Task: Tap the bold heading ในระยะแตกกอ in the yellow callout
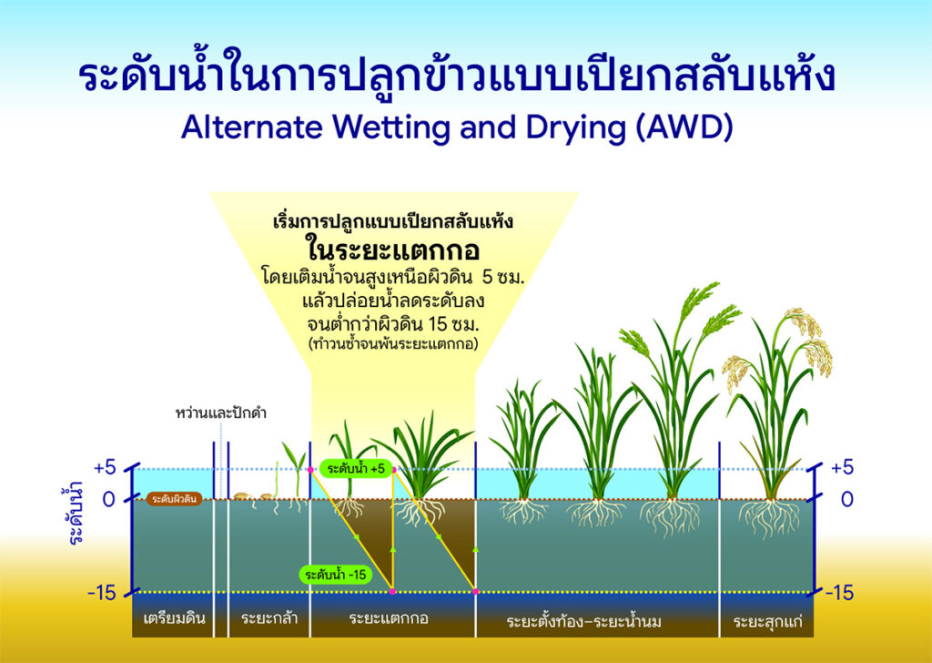(393, 249)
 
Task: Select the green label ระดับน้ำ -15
(336, 575)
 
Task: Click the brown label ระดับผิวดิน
(174, 500)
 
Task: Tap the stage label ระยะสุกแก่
(767, 621)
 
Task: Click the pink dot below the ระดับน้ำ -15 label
(392, 592)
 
